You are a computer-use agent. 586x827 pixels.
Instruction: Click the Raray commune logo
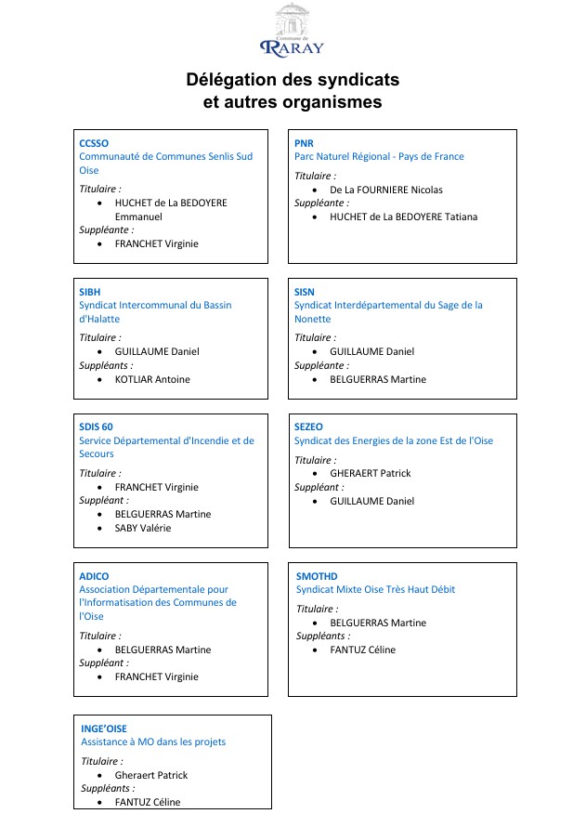(x=293, y=30)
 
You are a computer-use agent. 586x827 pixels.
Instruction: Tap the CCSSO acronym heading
(x=94, y=143)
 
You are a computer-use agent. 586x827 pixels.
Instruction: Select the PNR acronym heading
(x=304, y=143)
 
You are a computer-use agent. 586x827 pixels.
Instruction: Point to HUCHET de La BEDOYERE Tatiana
(x=404, y=217)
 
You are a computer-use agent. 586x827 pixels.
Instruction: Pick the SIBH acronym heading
(x=90, y=292)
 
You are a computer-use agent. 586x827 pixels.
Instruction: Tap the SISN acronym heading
(x=305, y=292)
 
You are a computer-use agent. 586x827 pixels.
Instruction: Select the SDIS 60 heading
(x=96, y=427)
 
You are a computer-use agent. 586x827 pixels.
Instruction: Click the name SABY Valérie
(x=143, y=528)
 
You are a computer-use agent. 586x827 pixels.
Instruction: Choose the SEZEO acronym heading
(x=308, y=427)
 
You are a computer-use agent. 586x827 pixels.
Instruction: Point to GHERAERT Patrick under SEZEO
(x=370, y=473)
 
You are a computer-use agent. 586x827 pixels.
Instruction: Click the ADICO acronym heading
(x=94, y=576)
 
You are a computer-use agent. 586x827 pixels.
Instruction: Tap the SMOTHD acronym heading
(x=317, y=576)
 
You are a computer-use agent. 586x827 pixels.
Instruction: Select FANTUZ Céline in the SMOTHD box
(x=362, y=650)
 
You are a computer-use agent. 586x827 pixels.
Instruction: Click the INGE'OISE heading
(x=104, y=729)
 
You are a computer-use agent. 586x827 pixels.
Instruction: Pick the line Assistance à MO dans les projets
(x=153, y=742)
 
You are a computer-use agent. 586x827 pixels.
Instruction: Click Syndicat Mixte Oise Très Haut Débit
(x=375, y=589)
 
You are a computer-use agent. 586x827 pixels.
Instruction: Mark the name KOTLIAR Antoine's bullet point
(x=100, y=379)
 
